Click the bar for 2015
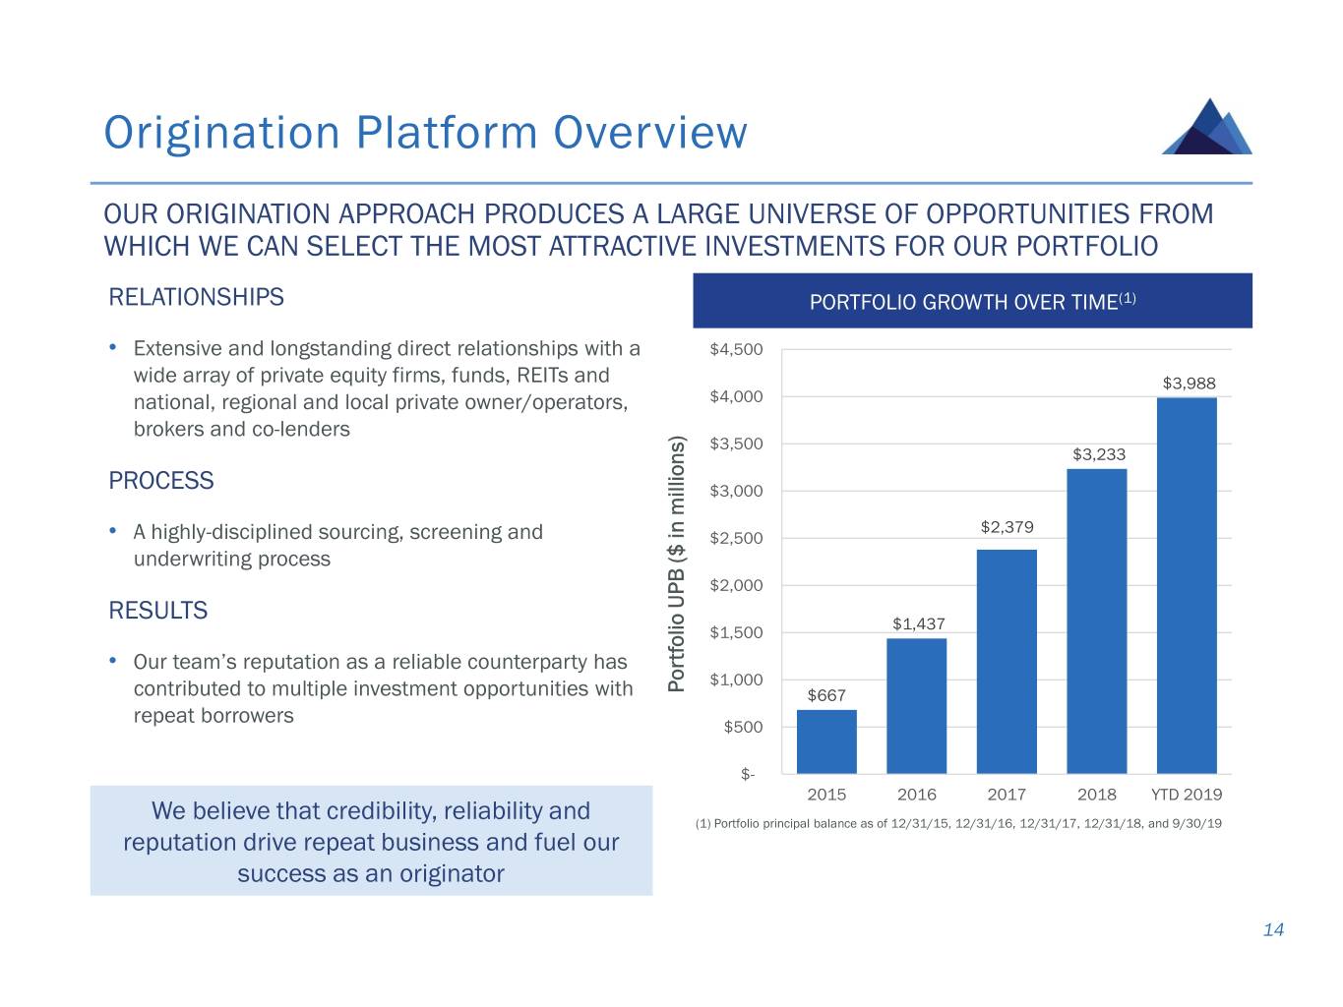tap(826, 741)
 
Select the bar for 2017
tap(1007, 661)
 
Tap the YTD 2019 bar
tap(1187, 585)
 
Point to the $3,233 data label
tap(1099, 454)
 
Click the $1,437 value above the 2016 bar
tap(919, 623)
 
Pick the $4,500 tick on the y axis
tap(736, 349)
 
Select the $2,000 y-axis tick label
tap(736, 585)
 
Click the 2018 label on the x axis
tap(1097, 795)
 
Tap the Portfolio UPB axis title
tap(676, 564)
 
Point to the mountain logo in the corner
tap(1207, 127)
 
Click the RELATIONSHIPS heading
tap(196, 297)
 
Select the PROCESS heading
tap(161, 481)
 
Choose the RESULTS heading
tap(158, 611)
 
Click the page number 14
tap(1273, 930)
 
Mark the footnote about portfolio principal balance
tap(958, 824)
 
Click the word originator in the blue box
tap(452, 873)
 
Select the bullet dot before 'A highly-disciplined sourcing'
tap(114, 531)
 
